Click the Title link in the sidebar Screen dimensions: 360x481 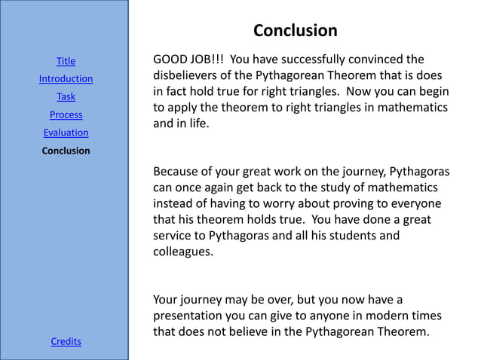pyautogui.click(x=66, y=61)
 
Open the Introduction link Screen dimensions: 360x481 pyautogui.click(x=66, y=79)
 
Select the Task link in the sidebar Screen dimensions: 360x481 pyautogui.click(x=66, y=97)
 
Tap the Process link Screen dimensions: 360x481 pyautogui.click(x=66, y=115)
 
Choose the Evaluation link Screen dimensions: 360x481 pyautogui.click(x=66, y=133)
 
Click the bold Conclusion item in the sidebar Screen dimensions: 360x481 pyautogui.click(x=66, y=151)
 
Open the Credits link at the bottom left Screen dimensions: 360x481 pyautogui.click(x=66, y=342)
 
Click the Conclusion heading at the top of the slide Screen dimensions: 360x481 pyautogui.click(x=295, y=31)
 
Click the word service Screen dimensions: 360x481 pyautogui.click(x=173, y=236)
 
